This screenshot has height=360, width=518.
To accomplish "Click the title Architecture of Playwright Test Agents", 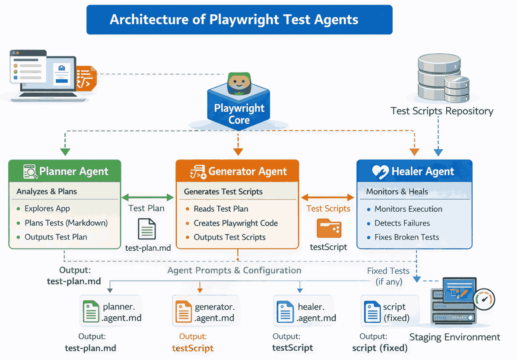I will (x=239, y=20).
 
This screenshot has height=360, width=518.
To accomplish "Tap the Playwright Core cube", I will (x=239, y=108).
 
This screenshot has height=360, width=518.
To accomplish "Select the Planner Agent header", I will (x=65, y=172).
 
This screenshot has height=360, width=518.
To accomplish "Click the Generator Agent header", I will (x=237, y=172).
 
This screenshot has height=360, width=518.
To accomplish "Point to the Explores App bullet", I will (x=47, y=208).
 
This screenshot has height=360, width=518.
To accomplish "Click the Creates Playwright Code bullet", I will (x=235, y=223).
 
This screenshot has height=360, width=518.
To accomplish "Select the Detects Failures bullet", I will (x=402, y=223).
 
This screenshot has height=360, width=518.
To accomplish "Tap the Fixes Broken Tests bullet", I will (x=406, y=237).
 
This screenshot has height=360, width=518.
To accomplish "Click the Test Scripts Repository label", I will (x=442, y=111).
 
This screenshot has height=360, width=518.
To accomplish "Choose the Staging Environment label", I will (x=454, y=337).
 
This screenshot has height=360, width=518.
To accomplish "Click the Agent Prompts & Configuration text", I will (x=234, y=271).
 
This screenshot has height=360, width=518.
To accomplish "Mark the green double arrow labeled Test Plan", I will (x=147, y=198).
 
